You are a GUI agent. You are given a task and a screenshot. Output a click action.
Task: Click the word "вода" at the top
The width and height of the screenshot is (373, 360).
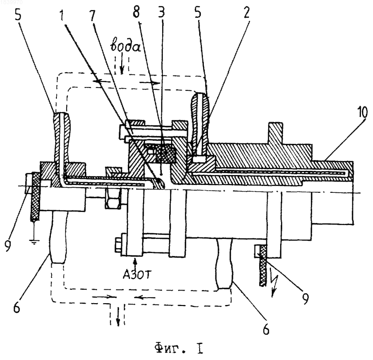click(x=125, y=46)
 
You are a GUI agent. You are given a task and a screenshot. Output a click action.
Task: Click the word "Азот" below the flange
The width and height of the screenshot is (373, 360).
click(x=137, y=274)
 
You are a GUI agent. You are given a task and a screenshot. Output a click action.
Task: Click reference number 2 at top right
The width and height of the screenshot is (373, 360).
click(x=247, y=13)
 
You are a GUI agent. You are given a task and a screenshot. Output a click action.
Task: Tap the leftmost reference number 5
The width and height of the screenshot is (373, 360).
click(x=18, y=15)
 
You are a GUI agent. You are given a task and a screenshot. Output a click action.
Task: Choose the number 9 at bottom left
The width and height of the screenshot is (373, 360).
click(x=8, y=245)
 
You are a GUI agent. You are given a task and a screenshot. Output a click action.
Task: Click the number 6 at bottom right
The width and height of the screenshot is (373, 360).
click(x=266, y=329)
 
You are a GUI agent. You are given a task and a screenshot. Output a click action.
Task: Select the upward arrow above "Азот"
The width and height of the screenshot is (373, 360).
click(x=135, y=263)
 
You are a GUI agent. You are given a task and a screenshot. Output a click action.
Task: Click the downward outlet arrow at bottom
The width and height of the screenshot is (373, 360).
click(x=118, y=319)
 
